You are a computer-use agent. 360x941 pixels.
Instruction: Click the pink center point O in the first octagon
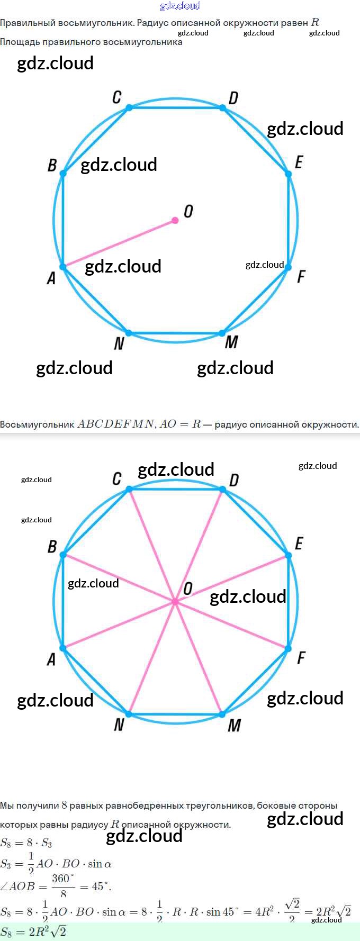pos(175,220)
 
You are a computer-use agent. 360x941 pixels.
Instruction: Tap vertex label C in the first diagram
pos(117,97)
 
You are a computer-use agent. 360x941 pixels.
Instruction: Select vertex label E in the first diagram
pos(299,162)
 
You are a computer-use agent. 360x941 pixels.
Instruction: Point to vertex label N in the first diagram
pos(119,343)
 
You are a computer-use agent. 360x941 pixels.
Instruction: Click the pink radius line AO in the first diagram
pos(119,243)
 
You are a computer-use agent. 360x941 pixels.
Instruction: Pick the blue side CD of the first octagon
pos(176,107)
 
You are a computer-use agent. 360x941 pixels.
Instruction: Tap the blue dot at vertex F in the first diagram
pos(288,267)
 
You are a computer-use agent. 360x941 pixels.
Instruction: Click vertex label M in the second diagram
pos(234,725)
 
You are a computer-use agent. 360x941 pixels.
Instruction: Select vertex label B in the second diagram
pos(52,546)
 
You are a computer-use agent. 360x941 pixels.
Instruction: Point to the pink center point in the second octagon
pos(175,602)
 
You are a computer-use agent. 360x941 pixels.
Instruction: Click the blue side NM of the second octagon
pos(176,714)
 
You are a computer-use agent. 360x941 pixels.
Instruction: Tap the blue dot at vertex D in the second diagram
pos(223,490)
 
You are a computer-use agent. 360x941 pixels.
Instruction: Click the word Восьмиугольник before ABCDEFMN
pos(37,424)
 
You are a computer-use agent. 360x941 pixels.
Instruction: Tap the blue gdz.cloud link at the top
pos(180,6)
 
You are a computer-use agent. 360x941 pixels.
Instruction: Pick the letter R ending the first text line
pos(316,22)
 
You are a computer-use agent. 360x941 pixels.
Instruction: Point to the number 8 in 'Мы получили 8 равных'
pos(64,806)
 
